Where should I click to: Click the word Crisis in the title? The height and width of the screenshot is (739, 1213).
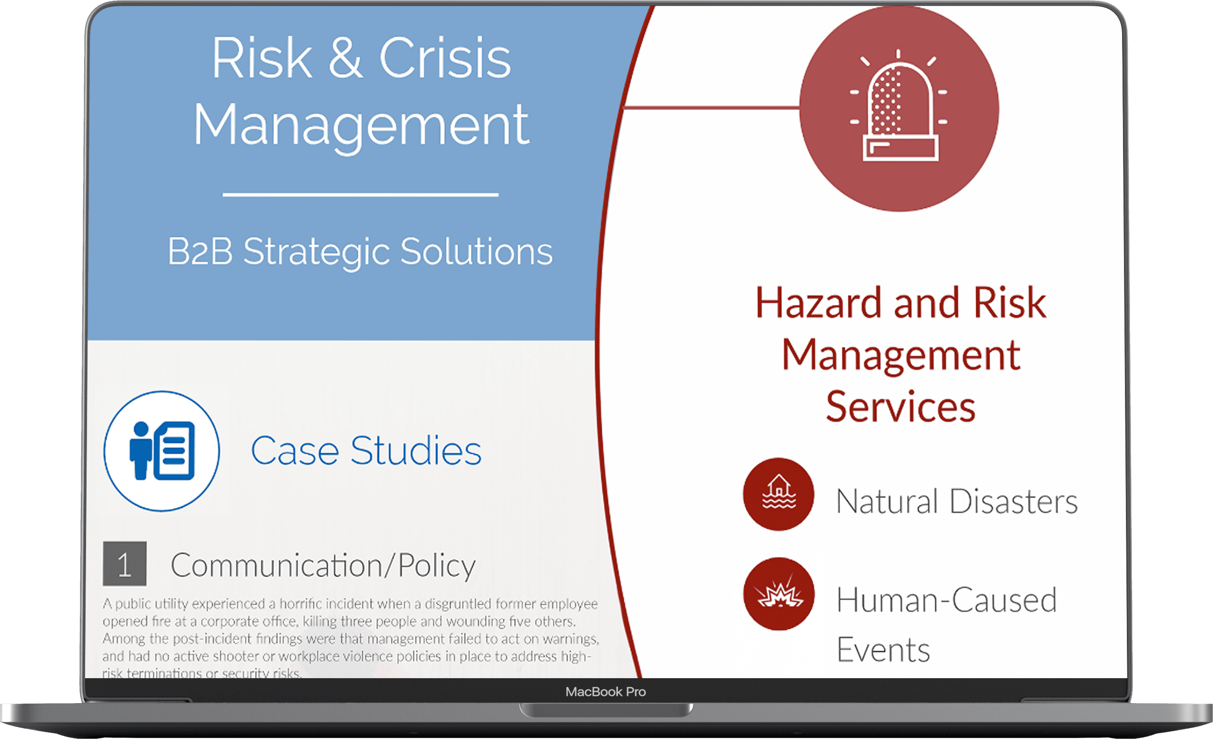click(445, 58)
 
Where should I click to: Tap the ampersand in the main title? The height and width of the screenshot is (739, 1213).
click(346, 58)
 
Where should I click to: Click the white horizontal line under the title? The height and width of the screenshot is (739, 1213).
click(360, 195)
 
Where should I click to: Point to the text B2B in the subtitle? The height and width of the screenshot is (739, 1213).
click(200, 251)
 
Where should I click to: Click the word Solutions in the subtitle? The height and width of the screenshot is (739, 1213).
click(476, 251)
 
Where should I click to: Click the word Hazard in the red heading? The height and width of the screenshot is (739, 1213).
click(818, 302)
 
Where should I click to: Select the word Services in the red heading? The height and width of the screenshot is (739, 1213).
click(901, 407)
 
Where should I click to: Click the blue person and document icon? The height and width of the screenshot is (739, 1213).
click(162, 450)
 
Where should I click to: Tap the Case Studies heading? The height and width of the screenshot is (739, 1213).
click(366, 450)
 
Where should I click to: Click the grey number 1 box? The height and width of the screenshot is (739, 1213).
click(124, 564)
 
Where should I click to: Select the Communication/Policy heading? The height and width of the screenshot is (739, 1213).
click(323, 566)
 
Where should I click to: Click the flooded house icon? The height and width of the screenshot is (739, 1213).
click(779, 494)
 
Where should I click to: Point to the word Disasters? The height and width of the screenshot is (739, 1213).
click(1014, 502)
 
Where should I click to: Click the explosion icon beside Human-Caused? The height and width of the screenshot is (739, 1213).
click(779, 593)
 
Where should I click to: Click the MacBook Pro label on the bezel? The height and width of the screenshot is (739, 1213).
click(606, 692)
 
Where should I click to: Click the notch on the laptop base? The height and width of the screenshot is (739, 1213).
click(606, 710)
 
